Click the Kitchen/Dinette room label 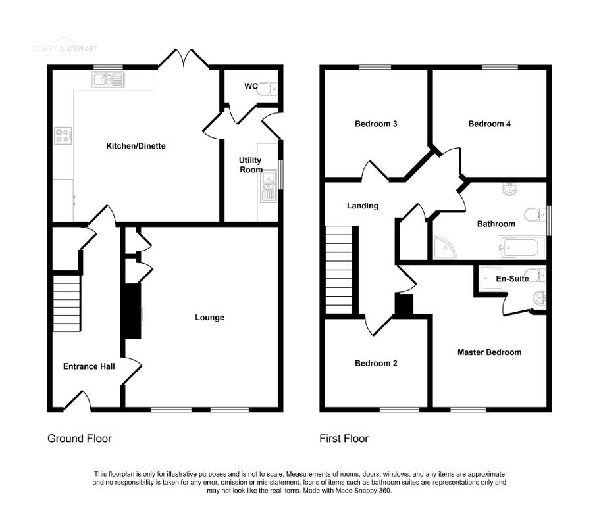(136, 146)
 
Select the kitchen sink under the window (108, 80)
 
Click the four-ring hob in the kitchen (63, 135)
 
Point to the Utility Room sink (269, 185)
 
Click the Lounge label (209, 318)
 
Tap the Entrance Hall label (89, 366)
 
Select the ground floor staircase (67, 304)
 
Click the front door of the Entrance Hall (77, 400)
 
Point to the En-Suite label (511, 279)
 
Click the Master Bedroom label (489, 352)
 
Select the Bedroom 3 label (376, 124)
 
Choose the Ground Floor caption (80, 438)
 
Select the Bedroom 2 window (399, 410)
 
